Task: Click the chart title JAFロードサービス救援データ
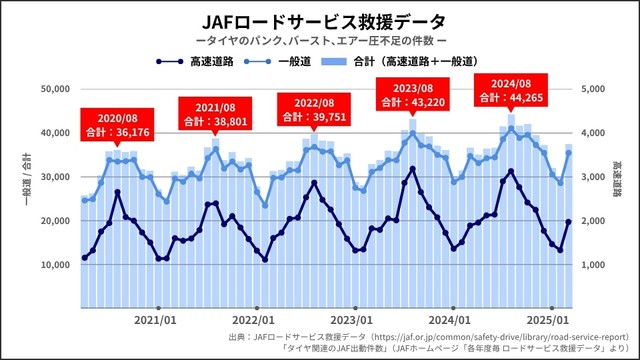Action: tap(320, 19)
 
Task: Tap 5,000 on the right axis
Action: tap(596, 89)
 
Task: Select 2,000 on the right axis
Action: tap(596, 221)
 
